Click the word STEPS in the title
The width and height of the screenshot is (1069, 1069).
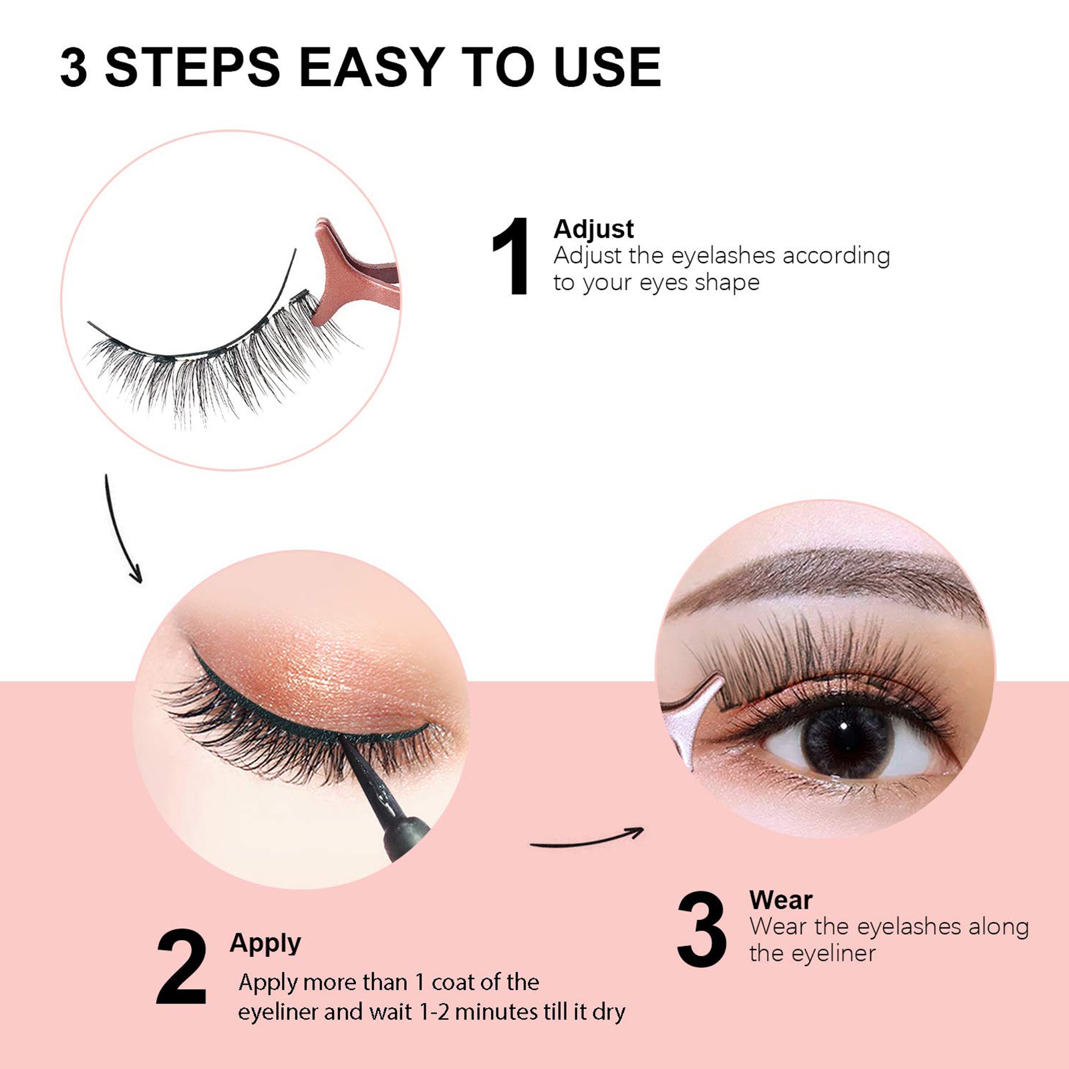click(x=192, y=67)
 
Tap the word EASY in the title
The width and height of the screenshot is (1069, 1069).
click(x=371, y=67)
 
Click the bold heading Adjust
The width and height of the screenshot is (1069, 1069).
click(x=593, y=229)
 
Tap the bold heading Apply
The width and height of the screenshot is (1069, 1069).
click(x=265, y=943)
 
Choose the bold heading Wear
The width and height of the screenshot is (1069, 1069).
click(x=780, y=900)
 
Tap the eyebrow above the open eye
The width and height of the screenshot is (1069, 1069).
click(x=828, y=575)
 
